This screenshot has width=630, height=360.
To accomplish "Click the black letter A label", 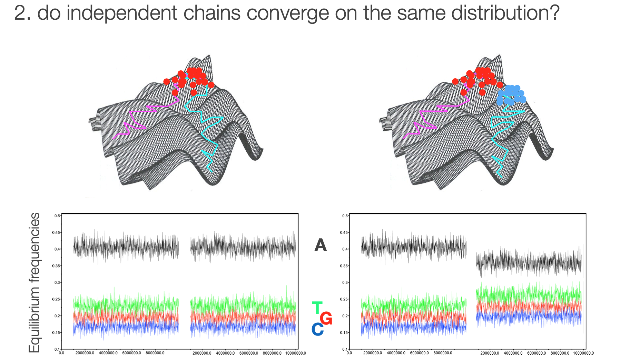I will [320, 245].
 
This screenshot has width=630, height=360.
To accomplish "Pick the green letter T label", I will [317, 308].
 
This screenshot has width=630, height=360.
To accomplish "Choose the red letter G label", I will [326, 318].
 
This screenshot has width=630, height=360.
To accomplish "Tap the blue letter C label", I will [317, 329].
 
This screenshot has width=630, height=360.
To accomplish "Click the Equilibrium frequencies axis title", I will [34, 283].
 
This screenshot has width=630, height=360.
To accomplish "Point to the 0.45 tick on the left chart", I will [56, 232].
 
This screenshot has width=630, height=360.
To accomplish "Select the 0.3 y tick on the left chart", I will [57, 282].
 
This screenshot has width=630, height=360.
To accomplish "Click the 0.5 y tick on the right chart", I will [345, 216].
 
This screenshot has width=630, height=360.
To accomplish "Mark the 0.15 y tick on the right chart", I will [344, 332].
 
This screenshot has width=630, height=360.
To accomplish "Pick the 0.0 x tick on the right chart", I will [349, 353].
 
